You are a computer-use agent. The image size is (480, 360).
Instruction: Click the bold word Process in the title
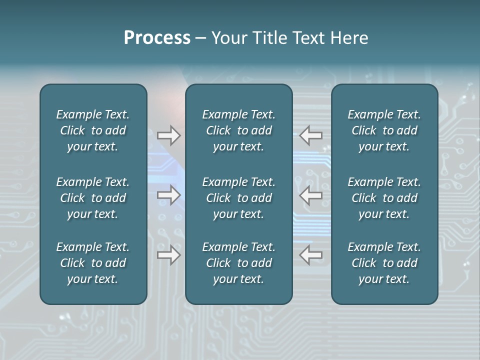(157, 38)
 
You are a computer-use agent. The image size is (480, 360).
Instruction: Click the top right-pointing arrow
(168, 135)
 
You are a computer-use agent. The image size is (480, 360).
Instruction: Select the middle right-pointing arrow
(168, 195)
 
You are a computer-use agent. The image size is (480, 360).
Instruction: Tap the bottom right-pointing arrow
(168, 255)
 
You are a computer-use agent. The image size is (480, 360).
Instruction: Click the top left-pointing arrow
(311, 135)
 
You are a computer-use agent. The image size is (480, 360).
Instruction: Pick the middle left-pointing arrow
(311, 195)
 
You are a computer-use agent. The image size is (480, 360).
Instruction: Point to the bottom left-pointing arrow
(311, 255)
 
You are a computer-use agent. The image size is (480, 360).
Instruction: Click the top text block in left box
(93, 130)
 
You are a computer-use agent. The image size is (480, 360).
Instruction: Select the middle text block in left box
(93, 198)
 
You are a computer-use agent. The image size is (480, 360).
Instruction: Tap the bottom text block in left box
(93, 263)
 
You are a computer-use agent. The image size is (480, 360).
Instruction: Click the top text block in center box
(238, 130)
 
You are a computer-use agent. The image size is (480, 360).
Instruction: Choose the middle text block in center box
(238, 198)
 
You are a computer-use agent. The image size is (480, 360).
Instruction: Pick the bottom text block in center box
(238, 263)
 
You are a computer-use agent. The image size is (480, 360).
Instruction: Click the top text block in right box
(384, 130)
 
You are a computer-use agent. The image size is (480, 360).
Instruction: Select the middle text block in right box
(384, 198)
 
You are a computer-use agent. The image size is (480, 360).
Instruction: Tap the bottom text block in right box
(384, 263)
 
